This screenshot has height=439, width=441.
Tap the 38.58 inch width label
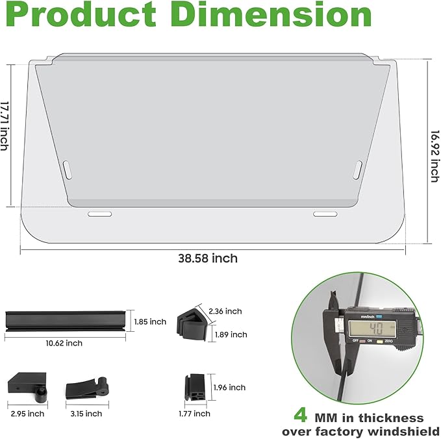pos(208,258)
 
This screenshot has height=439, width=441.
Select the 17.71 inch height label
pos(5,126)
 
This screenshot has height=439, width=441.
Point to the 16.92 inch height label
pos(435,156)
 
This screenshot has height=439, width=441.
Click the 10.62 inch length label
pos(64,343)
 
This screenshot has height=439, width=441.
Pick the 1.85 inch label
pos(150,321)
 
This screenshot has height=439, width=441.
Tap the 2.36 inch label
pos(225,311)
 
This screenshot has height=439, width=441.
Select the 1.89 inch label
pos(231,334)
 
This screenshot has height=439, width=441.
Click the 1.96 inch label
pos(229,388)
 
